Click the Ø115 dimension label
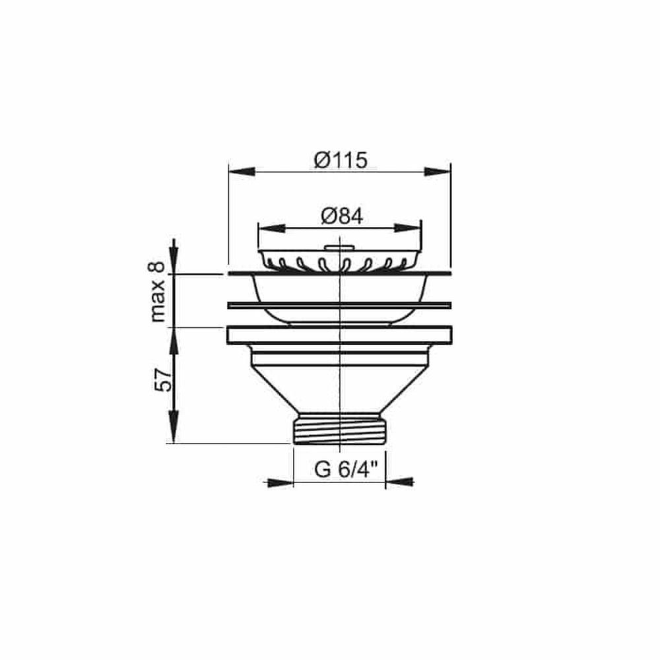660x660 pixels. [x=340, y=160]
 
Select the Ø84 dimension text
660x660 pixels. [x=341, y=216]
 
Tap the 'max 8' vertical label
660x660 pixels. [x=156, y=291]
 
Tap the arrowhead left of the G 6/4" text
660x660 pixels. [x=280, y=482]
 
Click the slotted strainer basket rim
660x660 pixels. [x=339, y=261]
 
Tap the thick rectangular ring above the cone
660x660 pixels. [x=339, y=335]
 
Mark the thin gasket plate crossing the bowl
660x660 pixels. [x=339, y=305]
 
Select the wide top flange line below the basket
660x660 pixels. [x=339, y=273]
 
